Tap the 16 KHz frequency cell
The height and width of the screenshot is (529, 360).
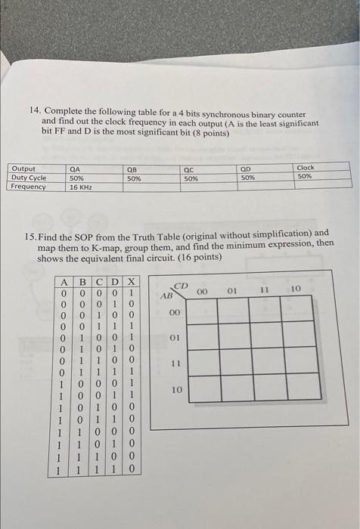coord(80,187)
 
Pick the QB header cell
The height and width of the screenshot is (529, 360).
coord(133,169)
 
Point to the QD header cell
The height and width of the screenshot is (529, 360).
coord(246,169)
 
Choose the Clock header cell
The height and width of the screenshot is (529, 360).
coord(306,168)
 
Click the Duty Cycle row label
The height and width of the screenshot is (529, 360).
coord(29,178)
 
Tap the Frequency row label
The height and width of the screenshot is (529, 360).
coord(29,187)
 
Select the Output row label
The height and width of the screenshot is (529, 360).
coord(23,169)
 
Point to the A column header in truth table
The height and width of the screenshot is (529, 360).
coord(66,283)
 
